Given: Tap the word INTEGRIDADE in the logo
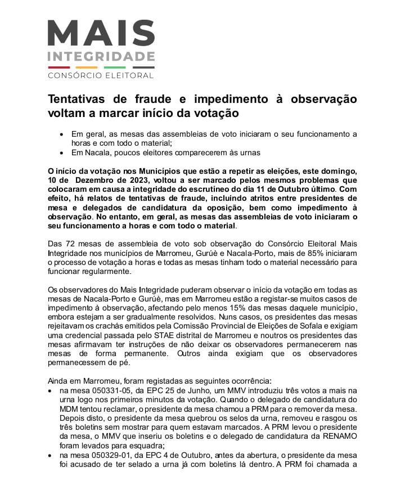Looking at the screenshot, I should coord(101,57).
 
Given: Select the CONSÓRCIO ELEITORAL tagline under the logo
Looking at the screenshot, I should coord(101,75).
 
